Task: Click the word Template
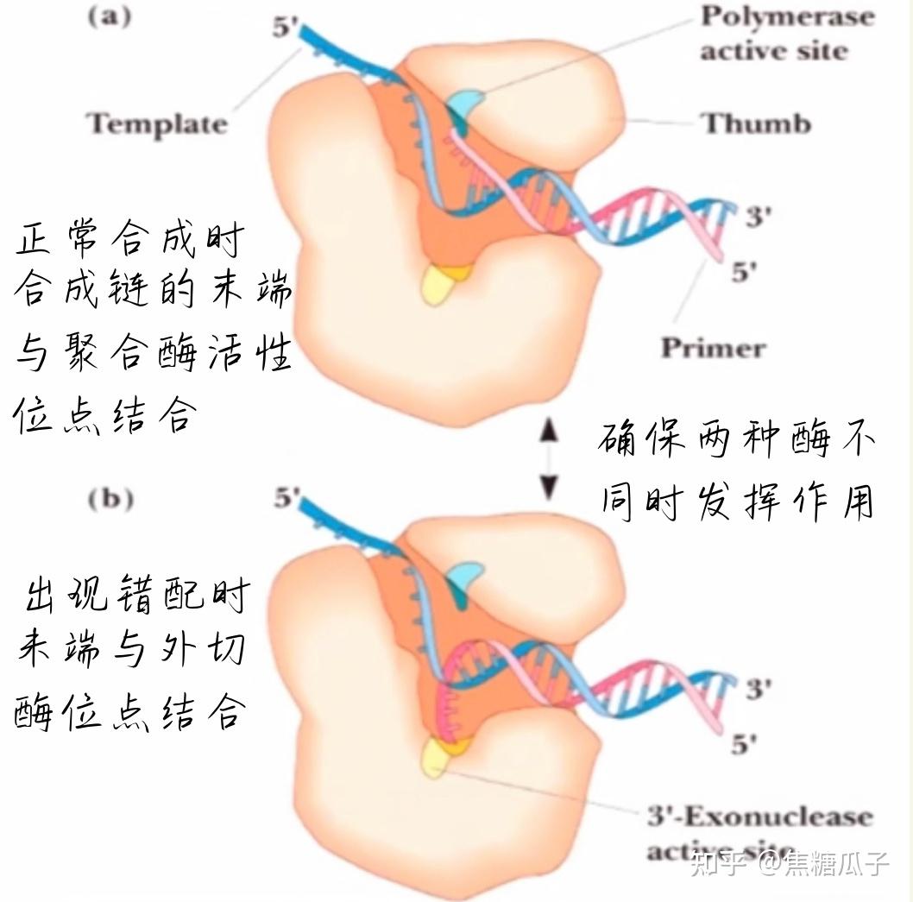tap(158, 123)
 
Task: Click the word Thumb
tap(757, 123)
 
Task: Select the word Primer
tap(713, 347)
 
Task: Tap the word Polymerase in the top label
tap(787, 16)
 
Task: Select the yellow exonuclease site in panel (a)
tap(438, 283)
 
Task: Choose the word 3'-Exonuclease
tap(759, 817)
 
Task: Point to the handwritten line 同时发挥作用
tap(738, 500)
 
